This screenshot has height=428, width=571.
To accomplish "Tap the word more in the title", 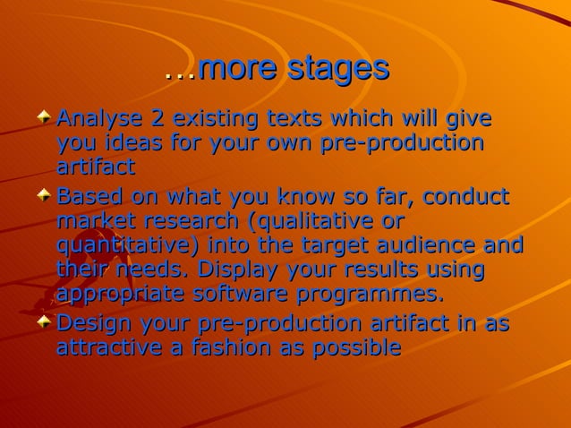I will tap(239, 69).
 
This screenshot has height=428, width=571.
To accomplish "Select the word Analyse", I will tap(97, 118).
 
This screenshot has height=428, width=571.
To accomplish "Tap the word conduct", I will tap(464, 196).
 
